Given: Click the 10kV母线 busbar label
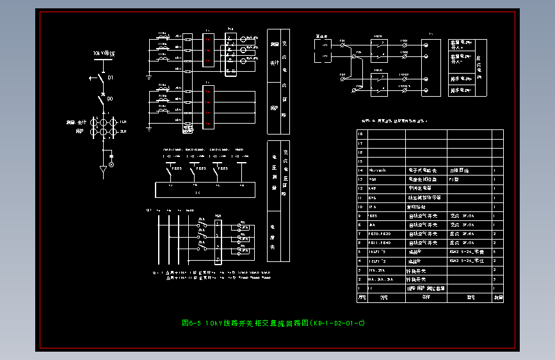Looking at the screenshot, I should click(103, 54).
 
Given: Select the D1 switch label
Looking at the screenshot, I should click(110, 78).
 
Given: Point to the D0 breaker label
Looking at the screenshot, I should click(110, 99).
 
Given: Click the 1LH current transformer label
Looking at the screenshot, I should click(123, 121).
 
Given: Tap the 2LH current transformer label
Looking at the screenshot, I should click(123, 131).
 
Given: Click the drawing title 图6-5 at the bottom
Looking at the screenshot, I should click(273, 323).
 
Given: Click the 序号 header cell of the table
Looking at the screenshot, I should click(362, 297).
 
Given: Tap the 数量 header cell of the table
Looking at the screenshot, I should click(497, 297).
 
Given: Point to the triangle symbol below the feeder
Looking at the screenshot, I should click(102, 170).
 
